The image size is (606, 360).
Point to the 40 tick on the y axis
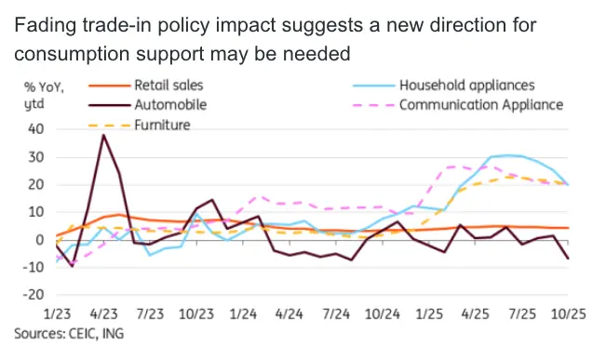[36, 129]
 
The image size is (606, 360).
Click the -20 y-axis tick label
[34, 295]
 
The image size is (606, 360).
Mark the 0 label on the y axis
[40, 240]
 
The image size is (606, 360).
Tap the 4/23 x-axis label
[103, 314]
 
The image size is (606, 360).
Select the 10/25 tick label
[568, 314]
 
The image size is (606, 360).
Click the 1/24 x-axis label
[243, 314]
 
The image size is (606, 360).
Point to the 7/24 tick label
[336, 314]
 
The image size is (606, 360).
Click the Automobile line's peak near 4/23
[103, 135]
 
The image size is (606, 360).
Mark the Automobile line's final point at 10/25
[568, 259]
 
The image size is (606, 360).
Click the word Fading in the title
[46, 25]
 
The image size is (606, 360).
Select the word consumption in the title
[72, 54]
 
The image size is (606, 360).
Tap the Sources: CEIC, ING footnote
[69, 333]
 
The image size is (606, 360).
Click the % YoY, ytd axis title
[44, 96]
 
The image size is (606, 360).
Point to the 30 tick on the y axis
[36, 157]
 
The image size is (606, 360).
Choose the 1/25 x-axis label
[429, 314]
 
